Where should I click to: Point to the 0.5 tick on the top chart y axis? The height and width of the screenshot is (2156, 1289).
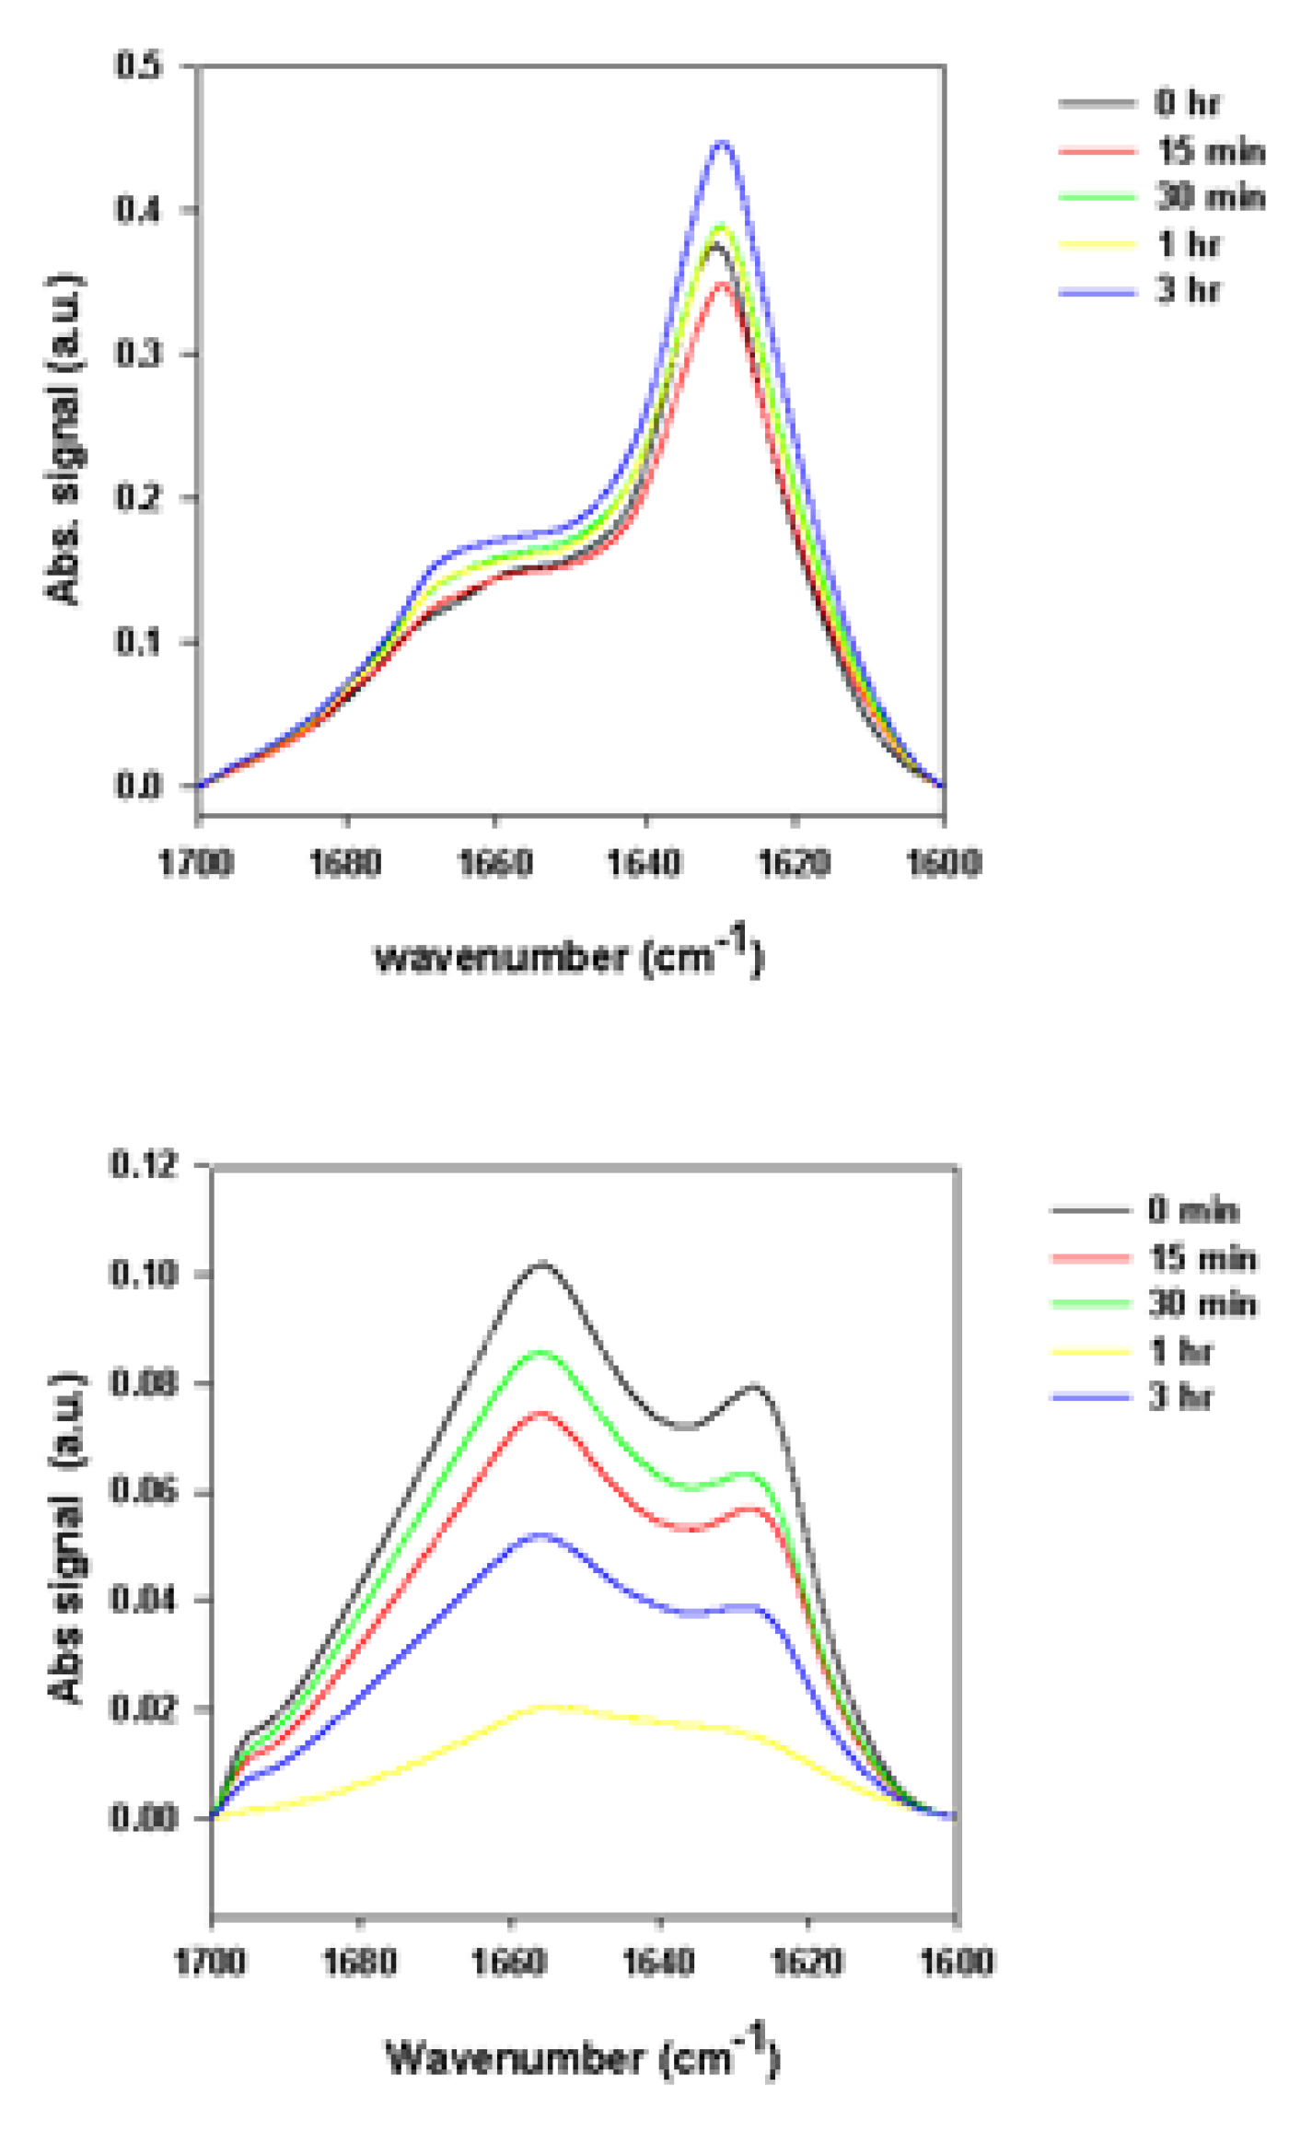point(138,65)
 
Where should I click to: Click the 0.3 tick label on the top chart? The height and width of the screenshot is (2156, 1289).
point(138,354)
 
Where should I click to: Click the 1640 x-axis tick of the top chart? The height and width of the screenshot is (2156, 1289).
point(644,863)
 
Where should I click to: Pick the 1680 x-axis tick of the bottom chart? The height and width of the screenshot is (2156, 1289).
point(359,1962)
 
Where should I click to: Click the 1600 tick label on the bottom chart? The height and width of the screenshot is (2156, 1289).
point(957,1962)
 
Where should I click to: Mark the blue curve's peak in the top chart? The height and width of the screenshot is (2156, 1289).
point(723,143)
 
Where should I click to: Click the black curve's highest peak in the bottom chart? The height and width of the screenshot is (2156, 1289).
point(541,1263)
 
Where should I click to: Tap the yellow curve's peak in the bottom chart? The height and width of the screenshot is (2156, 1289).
point(549,1706)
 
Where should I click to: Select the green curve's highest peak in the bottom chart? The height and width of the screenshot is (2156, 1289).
point(541,1351)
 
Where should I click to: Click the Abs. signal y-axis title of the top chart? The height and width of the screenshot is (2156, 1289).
point(64,439)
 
